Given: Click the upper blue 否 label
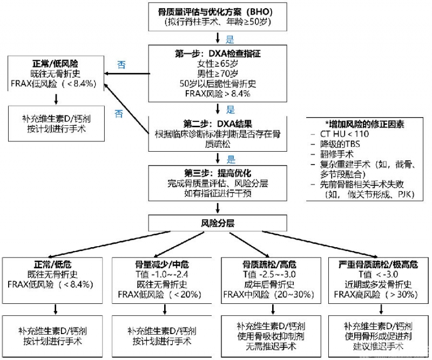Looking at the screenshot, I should click(122, 64).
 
